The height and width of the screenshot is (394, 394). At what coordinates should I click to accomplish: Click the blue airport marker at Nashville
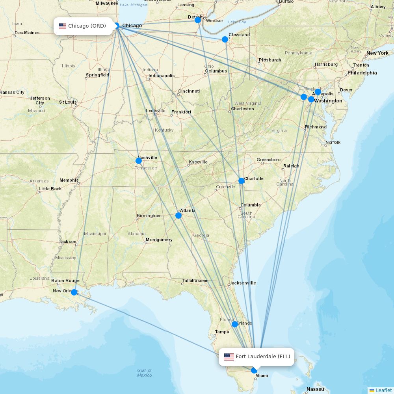coord(139,161)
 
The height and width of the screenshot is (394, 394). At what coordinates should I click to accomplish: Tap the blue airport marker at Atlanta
coord(178,216)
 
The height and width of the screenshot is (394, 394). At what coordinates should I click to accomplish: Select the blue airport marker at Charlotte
coord(242,181)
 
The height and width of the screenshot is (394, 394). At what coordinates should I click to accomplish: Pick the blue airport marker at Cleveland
coord(225,39)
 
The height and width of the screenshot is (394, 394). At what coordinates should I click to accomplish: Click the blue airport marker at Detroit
coord(198,20)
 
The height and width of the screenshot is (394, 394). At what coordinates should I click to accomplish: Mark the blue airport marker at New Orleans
coord(74,292)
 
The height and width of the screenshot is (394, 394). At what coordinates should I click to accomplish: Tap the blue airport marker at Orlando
coord(235,324)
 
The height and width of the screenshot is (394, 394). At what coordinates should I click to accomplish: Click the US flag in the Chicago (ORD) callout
coord(63,26)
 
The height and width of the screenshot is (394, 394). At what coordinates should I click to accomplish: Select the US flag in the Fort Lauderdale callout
coord(229,357)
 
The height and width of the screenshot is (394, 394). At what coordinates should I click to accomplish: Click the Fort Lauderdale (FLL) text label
coord(263,357)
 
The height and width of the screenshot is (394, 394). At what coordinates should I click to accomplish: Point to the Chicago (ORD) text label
coord(87,26)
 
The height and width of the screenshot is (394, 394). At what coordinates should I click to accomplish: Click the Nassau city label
coord(315,389)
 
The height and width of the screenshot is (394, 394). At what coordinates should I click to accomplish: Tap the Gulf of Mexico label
coord(144,373)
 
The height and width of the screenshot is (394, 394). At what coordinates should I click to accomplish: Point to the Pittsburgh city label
coord(270,60)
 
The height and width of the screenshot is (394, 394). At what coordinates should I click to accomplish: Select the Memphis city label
coord(69,180)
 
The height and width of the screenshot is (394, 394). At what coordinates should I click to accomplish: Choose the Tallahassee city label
coord(195,281)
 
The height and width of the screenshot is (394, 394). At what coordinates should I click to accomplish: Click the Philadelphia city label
coord(362,72)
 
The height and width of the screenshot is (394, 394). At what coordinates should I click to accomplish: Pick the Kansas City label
coord(12,92)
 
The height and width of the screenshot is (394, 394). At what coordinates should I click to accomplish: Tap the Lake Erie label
coord(237,22)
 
